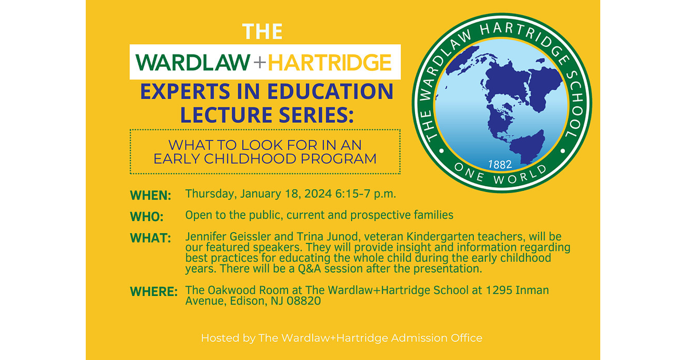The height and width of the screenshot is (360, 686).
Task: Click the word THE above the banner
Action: coord(262,31)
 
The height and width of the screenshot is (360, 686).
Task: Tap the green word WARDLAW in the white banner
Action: coord(193,62)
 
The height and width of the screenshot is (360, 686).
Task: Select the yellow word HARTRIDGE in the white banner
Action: coord(330,62)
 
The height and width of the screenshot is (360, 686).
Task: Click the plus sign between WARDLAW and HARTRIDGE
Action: coord(259,62)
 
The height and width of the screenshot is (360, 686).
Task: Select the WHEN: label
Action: coord(151,195)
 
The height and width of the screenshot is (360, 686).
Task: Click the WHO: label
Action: coord(147,217)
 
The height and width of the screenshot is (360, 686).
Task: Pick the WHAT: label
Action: coord(150,238)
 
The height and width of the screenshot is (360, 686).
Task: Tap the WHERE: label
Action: coord(154,291)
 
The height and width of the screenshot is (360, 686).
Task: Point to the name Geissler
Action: coord(254,237)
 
